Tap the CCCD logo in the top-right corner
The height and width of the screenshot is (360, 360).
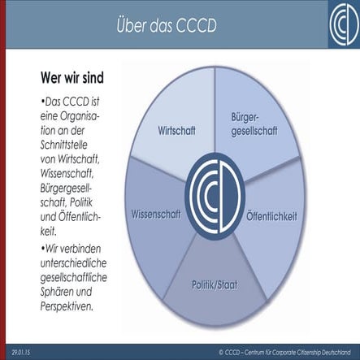pos(333,25)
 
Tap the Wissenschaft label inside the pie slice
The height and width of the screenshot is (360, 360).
pos(155,215)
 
